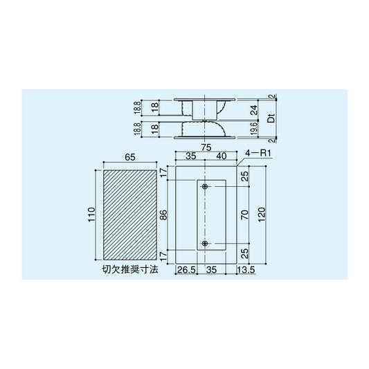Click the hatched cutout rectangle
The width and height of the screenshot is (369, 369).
click(x=129, y=214)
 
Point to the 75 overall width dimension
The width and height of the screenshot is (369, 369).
click(x=206, y=147)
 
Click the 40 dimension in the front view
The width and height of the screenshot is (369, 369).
click(x=222, y=157)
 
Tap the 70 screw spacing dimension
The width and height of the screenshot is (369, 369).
click(x=244, y=215)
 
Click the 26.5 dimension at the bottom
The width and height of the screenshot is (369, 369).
click(x=184, y=270)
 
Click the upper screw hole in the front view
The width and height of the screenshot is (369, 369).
click(x=206, y=188)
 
